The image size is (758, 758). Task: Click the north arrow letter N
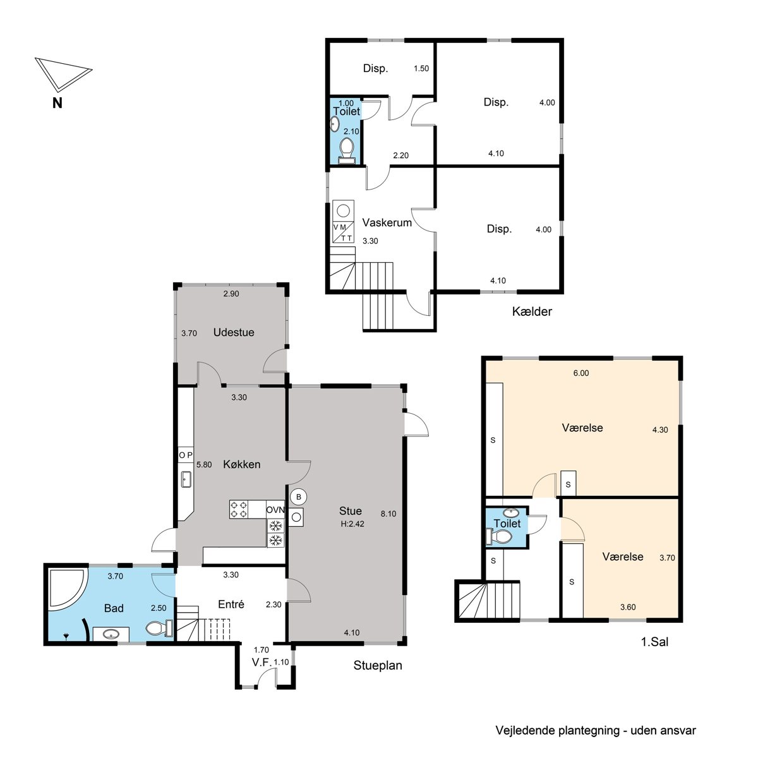[57, 103]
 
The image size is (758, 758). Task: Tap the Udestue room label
[234, 332]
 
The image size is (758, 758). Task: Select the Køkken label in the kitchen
[241, 464]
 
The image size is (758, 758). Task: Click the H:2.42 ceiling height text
[352, 524]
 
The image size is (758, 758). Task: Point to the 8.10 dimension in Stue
[388, 514]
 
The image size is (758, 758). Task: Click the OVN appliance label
[275, 510]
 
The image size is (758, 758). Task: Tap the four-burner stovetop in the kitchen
[239, 509]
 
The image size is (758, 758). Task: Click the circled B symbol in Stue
[299, 497]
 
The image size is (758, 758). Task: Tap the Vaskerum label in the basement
[387, 222]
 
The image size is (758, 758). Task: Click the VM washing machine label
[340, 227]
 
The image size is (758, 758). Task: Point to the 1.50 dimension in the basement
[421, 68]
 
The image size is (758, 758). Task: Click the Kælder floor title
[532, 311]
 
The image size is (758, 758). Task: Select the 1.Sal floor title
[654, 642]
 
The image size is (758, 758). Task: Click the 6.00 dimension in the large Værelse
[581, 373]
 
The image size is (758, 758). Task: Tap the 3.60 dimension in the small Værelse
[628, 607]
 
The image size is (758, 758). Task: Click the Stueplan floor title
[378, 666]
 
